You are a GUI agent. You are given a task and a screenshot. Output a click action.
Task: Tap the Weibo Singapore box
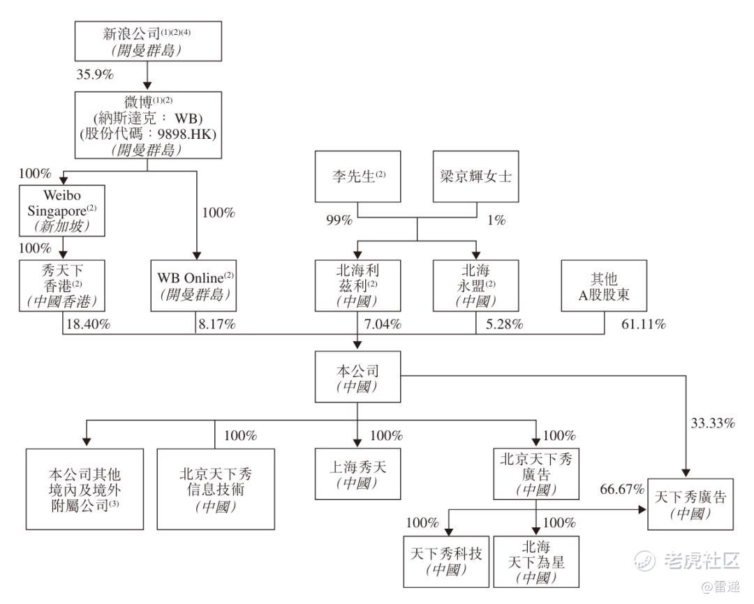click(x=63, y=210)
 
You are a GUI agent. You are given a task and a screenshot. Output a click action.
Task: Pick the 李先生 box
click(x=357, y=176)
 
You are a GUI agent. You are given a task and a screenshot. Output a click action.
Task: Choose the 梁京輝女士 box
click(x=476, y=176)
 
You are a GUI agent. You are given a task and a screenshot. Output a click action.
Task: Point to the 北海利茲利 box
click(x=357, y=286)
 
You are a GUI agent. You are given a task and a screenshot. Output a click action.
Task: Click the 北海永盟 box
click(x=476, y=286)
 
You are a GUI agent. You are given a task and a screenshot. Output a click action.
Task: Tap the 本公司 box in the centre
click(x=357, y=377)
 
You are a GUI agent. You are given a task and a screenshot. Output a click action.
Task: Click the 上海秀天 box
click(x=357, y=474)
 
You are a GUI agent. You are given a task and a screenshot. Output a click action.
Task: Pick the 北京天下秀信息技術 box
click(x=214, y=489)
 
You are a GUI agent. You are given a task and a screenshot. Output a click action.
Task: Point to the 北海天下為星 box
click(x=536, y=562)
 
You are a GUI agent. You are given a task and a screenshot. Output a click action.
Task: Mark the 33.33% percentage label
click(x=711, y=423)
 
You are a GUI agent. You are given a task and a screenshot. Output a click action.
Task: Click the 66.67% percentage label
click(x=621, y=489)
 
